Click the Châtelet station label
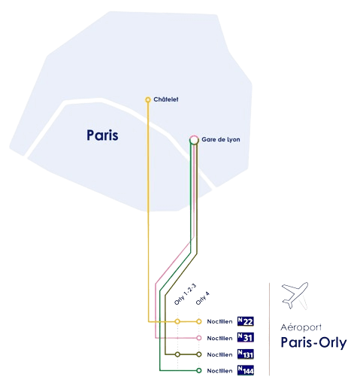[165, 99]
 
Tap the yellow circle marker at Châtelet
[148, 99]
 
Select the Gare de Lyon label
[220, 139]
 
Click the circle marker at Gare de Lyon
[194, 138]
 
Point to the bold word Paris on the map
[104, 135]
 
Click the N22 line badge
[246, 321]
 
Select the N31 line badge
[246, 338]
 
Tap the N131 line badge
[246, 354]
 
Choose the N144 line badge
[246, 370]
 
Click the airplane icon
[293, 296]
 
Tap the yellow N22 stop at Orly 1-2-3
[177, 322]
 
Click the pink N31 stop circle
[198, 338]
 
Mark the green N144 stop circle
[198, 370]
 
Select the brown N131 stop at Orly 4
[198, 354]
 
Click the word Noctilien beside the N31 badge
[219, 338]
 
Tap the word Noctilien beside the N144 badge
[219, 370]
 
